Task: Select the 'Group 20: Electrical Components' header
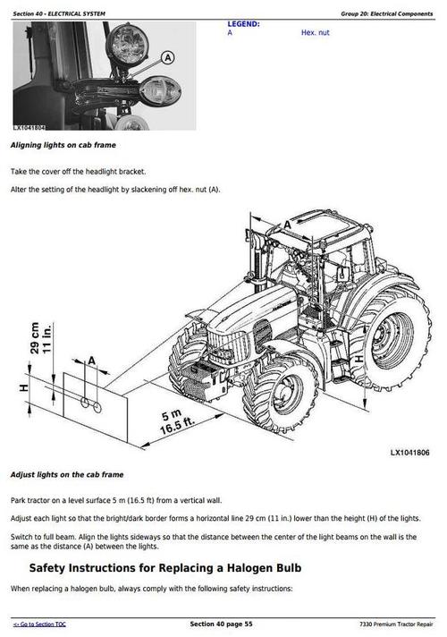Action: (x=387, y=13)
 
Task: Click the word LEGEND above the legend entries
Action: (x=243, y=24)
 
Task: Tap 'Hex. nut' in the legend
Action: (x=316, y=32)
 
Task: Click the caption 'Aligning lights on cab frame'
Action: (x=63, y=144)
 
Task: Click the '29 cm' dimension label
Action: (x=35, y=341)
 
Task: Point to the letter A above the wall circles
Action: (x=91, y=360)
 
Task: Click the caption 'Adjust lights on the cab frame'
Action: (x=66, y=474)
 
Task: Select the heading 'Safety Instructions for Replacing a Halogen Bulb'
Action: (x=165, y=567)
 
